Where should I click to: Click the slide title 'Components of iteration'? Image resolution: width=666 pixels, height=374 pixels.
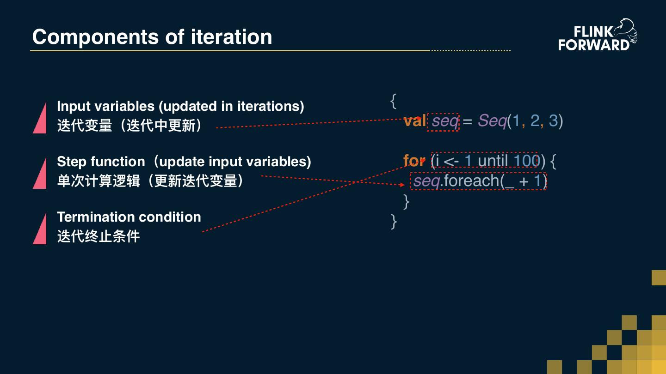pyautogui.click(x=152, y=37)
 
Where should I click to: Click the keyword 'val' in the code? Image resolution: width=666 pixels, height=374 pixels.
pyautogui.click(x=414, y=121)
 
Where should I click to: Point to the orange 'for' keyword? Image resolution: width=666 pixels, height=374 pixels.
pyautogui.click(x=414, y=161)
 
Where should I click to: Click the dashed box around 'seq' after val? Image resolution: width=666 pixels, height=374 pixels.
pyautogui.click(x=443, y=122)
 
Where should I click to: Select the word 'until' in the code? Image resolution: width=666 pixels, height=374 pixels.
pyautogui.click(x=493, y=161)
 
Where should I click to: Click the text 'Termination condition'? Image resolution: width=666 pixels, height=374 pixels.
pyautogui.click(x=129, y=217)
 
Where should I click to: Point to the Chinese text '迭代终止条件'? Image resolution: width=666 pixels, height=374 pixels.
pyautogui.click(x=98, y=236)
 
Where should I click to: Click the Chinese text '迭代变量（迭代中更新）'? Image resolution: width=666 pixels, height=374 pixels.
pyautogui.click(x=129, y=126)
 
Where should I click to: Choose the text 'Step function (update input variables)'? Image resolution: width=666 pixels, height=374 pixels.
pyautogui.click(x=184, y=162)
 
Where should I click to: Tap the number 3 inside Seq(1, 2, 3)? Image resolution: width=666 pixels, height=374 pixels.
pyautogui.click(x=553, y=121)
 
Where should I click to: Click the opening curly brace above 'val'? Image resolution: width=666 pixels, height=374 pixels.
pyautogui.click(x=393, y=101)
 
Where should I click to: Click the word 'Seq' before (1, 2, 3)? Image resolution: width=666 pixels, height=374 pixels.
pyautogui.click(x=492, y=121)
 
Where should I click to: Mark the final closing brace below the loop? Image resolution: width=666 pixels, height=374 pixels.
pyautogui.click(x=394, y=222)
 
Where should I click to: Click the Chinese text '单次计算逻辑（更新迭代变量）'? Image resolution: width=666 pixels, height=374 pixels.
pyautogui.click(x=150, y=181)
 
